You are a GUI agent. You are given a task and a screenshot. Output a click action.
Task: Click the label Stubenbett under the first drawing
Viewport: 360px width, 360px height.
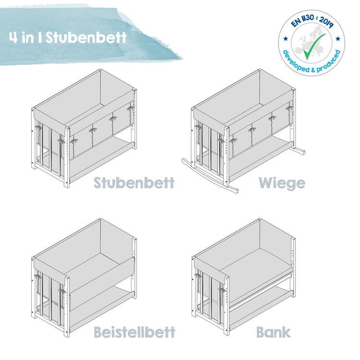[x=134, y=183]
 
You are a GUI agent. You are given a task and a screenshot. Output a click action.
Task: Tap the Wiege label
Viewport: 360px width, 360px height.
[x=282, y=183]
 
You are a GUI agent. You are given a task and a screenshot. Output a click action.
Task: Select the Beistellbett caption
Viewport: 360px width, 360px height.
[x=134, y=332]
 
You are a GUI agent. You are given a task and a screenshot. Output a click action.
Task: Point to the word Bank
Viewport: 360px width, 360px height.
[x=273, y=332]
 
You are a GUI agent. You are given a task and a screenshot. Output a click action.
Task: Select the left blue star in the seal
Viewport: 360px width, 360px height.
[x=286, y=38]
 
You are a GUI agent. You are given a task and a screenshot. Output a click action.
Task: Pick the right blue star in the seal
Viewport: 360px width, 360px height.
[x=338, y=38]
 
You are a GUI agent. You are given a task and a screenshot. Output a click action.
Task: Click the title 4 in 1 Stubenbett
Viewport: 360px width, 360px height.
[x=68, y=37]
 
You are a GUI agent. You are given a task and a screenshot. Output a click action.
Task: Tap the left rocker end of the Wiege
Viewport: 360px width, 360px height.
[x=184, y=161]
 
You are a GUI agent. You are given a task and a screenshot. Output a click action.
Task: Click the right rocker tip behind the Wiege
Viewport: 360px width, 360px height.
[x=302, y=152]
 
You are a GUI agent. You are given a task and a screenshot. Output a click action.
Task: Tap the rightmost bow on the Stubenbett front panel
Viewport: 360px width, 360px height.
[x=130, y=108]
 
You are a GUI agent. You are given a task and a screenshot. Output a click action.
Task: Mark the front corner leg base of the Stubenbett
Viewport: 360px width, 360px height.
[x=67, y=185]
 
